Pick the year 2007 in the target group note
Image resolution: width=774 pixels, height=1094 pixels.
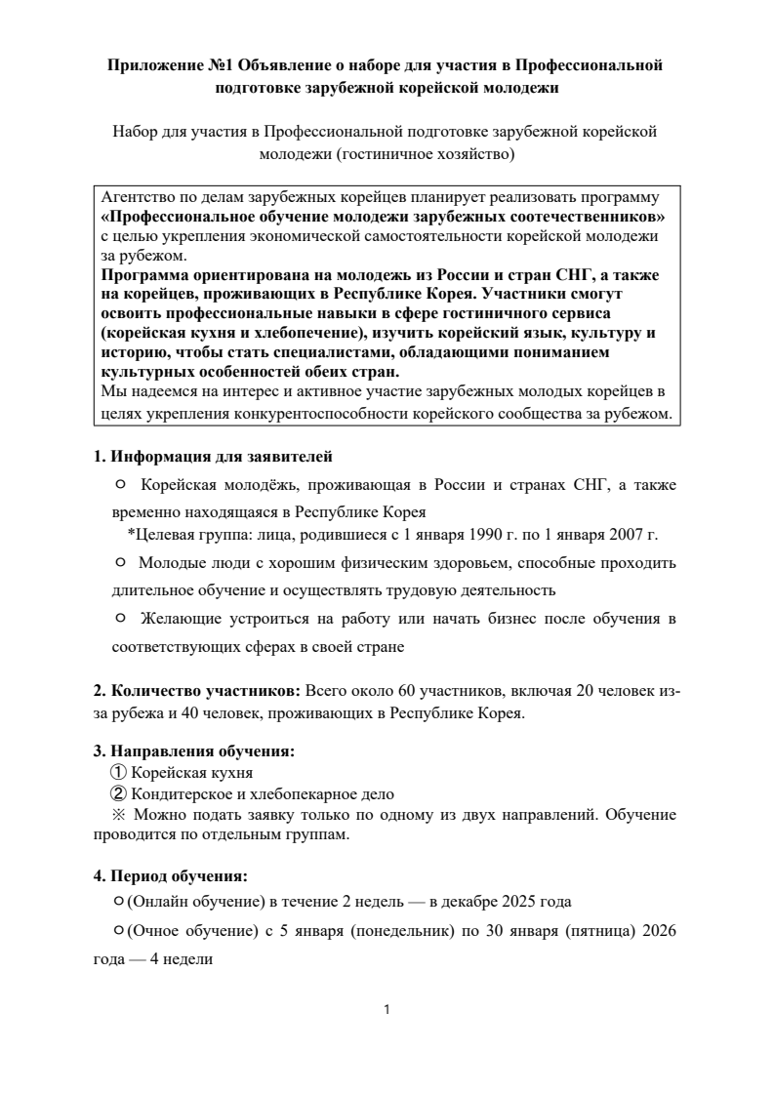[618, 534]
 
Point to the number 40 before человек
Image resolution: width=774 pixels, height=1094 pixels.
[206, 712]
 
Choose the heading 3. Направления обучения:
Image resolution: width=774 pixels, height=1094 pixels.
[194, 750]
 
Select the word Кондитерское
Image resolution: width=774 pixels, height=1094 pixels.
[179, 794]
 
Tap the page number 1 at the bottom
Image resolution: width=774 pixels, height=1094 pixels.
[387, 1010]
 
